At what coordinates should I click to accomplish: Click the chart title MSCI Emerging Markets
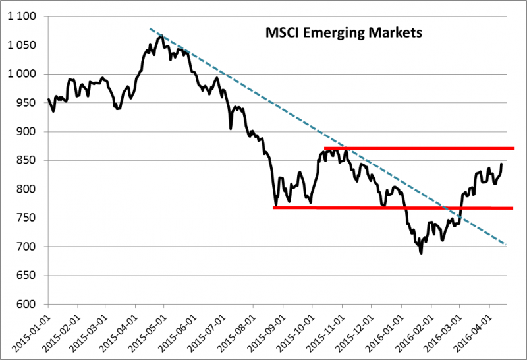(343, 32)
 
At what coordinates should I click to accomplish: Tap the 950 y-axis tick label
(29, 103)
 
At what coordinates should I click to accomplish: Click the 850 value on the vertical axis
(29, 160)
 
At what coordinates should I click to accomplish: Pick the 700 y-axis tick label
(29, 247)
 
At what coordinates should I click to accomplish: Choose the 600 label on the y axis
(29, 304)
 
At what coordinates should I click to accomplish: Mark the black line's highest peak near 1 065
(161, 36)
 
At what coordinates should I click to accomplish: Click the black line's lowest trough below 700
(421, 253)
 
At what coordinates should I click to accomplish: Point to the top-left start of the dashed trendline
(150, 28)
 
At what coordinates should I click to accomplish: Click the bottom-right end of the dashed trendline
(506, 245)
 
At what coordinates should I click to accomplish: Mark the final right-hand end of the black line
(502, 164)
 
